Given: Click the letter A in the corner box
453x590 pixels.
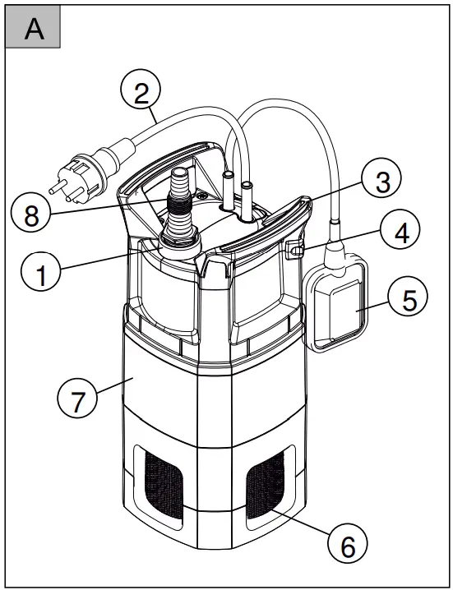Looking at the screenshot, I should pos(34,29).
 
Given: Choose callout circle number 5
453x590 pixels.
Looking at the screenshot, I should pos(409,299).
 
